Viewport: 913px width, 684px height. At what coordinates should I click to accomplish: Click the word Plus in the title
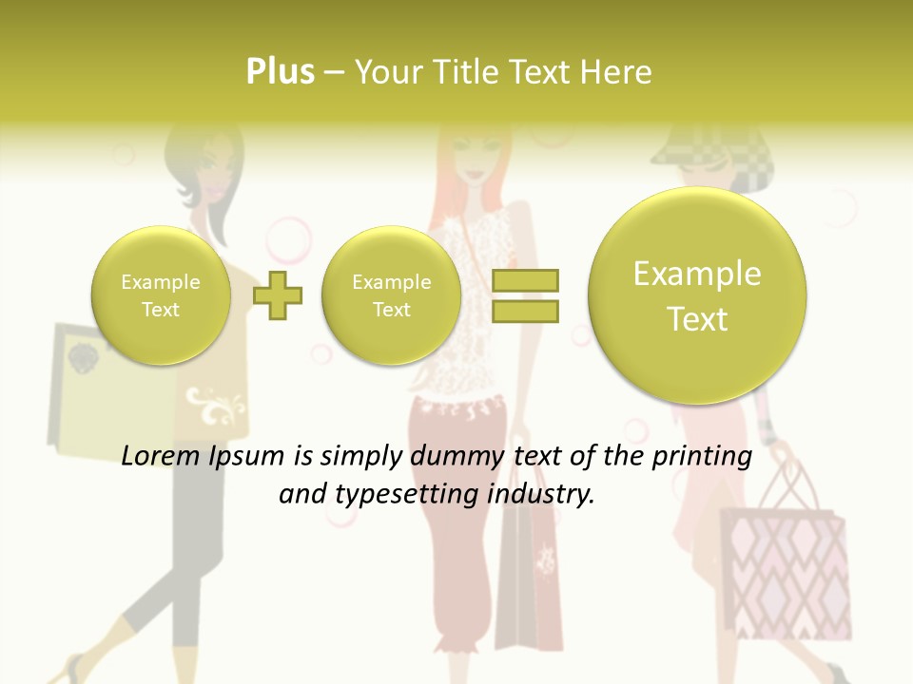click(280, 72)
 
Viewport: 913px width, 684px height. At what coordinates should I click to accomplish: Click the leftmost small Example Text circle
click(161, 295)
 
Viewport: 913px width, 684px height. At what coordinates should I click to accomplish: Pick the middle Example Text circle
click(391, 295)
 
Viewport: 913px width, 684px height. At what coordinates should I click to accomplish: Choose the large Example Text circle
click(697, 295)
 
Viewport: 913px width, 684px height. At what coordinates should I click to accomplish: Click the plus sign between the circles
click(278, 295)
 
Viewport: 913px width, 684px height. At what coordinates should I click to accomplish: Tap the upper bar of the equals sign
click(525, 280)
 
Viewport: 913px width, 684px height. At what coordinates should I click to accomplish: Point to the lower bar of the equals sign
click(525, 311)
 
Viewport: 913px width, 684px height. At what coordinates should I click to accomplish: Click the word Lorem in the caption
click(162, 457)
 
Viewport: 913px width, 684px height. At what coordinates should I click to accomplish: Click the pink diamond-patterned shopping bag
click(785, 570)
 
